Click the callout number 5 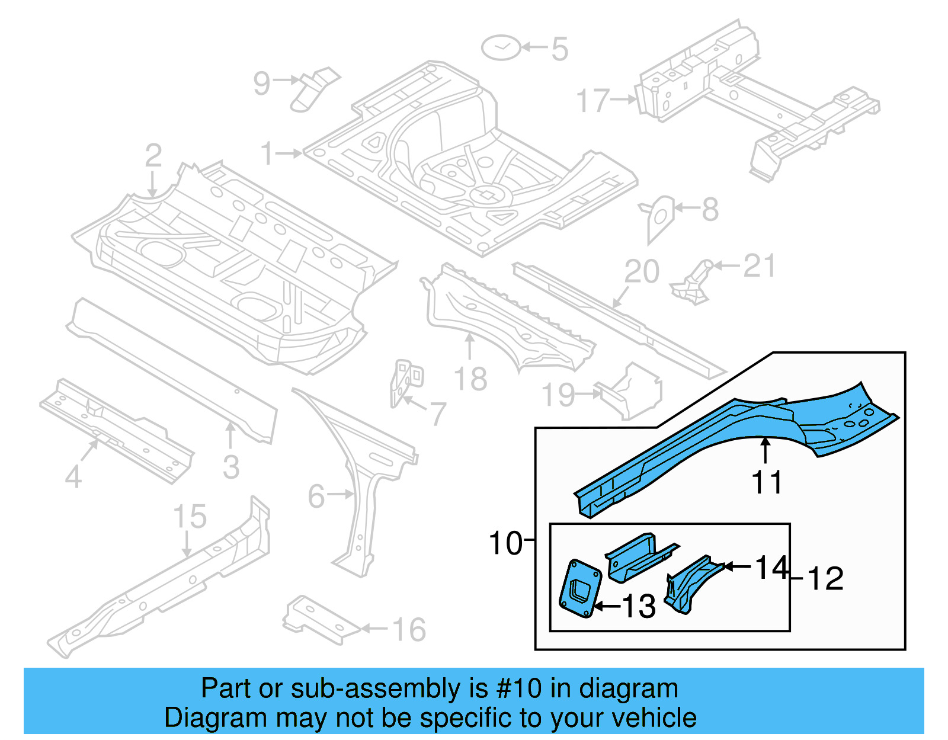[559, 49]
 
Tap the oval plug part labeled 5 [501, 47]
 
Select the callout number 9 [261, 84]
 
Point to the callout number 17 [592, 101]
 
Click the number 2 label [153, 156]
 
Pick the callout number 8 [710, 210]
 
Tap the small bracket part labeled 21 [693, 283]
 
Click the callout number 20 [642, 272]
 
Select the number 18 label [470, 379]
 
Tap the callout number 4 [73, 476]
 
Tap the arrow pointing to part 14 [738, 567]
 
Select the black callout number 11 [767, 482]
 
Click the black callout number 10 [505, 543]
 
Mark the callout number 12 [825, 579]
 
